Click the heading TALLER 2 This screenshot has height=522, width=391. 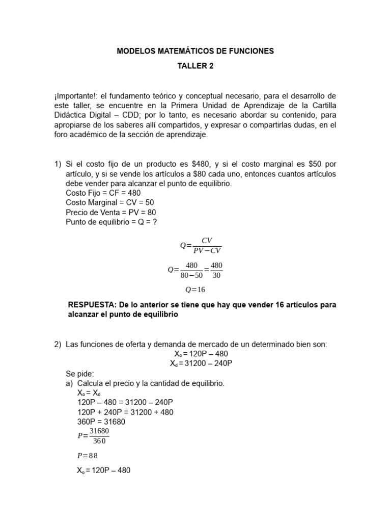click(195, 66)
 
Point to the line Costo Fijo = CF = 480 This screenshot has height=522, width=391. click(103, 193)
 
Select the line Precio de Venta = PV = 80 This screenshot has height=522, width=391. click(111, 213)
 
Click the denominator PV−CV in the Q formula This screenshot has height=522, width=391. click(207, 250)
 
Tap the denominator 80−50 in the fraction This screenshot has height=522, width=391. click(192, 275)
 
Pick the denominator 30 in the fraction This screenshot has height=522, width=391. click(216, 275)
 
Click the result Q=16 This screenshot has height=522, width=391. click(195, 290)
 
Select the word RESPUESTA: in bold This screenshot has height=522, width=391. click(91, 305)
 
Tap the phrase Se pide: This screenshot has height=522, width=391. click(80, 374)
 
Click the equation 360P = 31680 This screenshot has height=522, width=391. click(101, 422)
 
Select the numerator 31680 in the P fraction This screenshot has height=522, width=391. click(99, 431)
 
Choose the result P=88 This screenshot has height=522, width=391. click(87, 456)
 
